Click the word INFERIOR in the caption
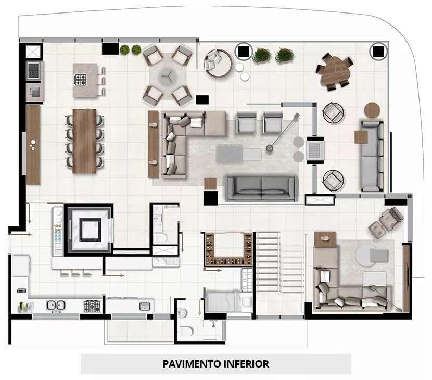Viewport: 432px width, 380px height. click(246, 364)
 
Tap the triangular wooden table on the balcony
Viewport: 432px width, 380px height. click(335, 71)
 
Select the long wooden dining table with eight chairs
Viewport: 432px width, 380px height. click(85, 141)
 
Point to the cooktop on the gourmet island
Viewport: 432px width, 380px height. click(80, 80)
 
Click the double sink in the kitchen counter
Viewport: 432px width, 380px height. click(56, 306)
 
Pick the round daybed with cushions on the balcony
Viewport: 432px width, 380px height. click(218, 63)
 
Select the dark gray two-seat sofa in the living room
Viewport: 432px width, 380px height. click(261, 189)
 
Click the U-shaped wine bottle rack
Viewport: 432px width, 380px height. click(228, 249)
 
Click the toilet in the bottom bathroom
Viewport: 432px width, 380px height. click(186, 331)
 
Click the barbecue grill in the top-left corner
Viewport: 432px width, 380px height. click(34, 71)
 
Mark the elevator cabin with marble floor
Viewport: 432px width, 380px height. click(91, 229)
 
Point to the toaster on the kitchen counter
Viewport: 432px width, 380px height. click(21, 290)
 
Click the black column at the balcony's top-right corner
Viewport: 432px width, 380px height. click(378, 51)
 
